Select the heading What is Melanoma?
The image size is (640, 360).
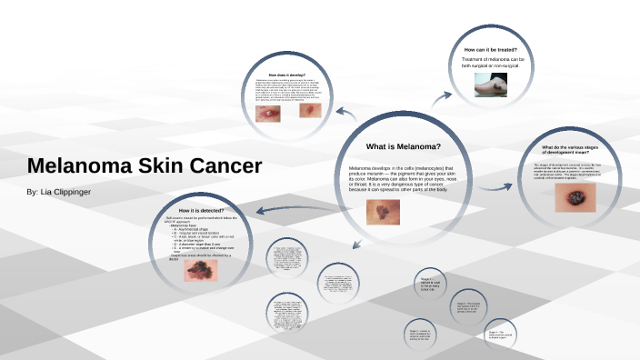tap(403, 146)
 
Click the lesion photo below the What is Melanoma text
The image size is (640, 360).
tap(379, 212)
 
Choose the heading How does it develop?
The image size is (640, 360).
tap(287, 75)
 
